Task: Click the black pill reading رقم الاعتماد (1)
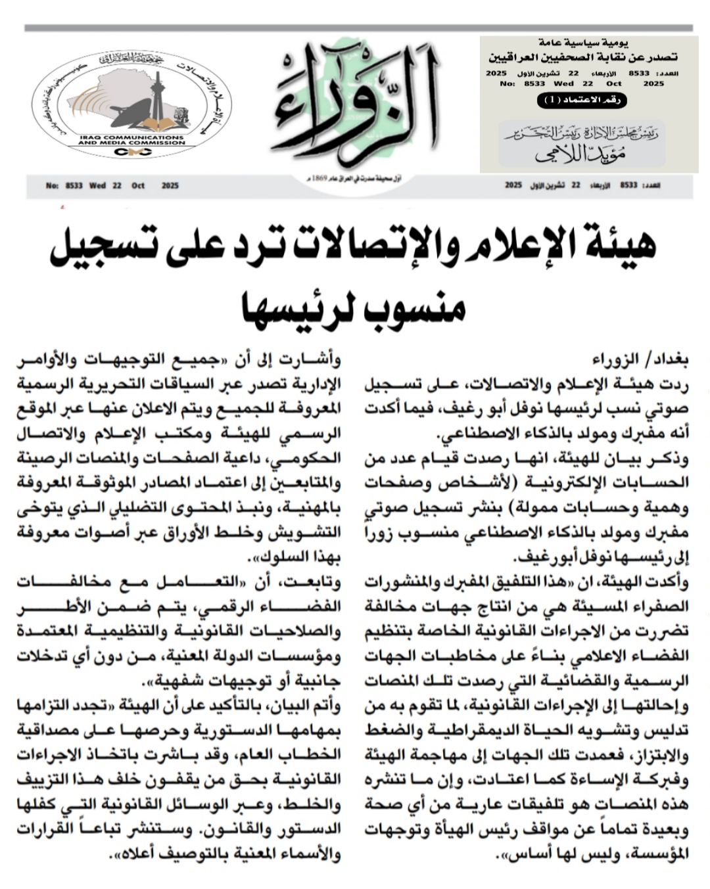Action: click(x=582, y=101)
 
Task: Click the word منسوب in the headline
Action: click(x=415, y=304)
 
